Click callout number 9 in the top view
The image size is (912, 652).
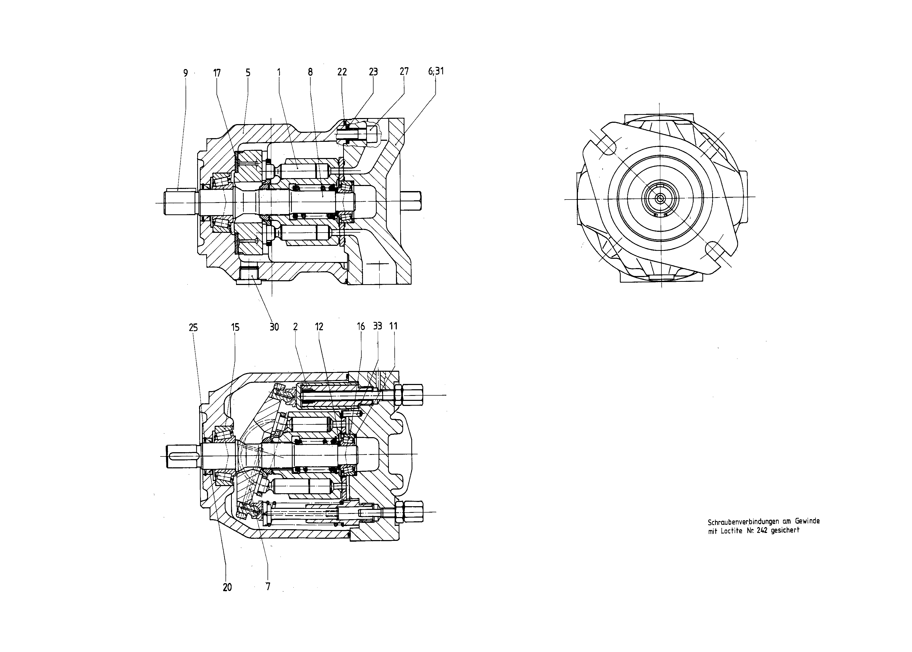(185, 73)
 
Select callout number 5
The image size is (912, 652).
(248, 73)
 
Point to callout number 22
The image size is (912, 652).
(342, 72)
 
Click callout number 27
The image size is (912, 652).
(404, 71)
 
